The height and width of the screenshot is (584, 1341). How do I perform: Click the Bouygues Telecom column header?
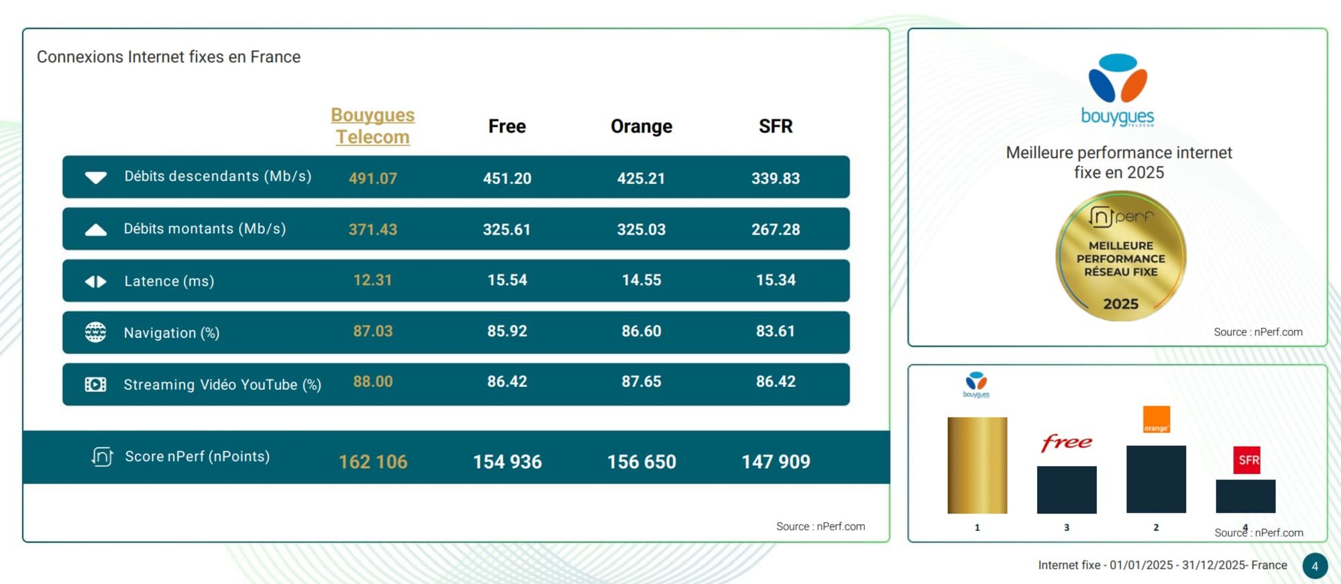pos(372,126)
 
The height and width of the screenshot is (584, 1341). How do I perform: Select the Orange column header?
pos(641,126)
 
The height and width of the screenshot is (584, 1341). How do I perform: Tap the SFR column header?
pos(775,126)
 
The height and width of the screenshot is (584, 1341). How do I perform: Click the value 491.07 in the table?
pos(372,178)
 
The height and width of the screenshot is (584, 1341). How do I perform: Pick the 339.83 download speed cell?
pos(775,178)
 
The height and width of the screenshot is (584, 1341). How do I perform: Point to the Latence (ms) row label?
pos(169,281)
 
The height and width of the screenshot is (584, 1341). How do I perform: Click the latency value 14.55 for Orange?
pos(641,280)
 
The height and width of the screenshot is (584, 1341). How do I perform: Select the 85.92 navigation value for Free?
pos(506,331)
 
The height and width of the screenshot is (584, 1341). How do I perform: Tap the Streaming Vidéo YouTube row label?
pos(222,385)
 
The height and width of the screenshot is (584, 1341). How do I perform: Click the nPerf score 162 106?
pos(372,462)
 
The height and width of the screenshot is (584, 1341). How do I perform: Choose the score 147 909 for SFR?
pos(775,462)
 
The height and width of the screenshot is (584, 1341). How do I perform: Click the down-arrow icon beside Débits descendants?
pos(96,178)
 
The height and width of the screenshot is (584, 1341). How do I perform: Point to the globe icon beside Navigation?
pos(95,332)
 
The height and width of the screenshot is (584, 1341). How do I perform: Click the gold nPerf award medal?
pos(1120,256)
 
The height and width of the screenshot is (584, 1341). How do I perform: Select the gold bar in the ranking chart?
pos(977,465)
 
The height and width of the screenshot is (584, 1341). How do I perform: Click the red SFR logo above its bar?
pos(1246,460)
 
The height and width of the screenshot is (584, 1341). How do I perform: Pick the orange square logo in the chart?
pos(1156,419)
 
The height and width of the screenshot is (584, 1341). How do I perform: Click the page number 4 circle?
pos(1315,566)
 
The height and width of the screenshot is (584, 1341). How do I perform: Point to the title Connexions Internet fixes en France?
pos(168,57)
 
